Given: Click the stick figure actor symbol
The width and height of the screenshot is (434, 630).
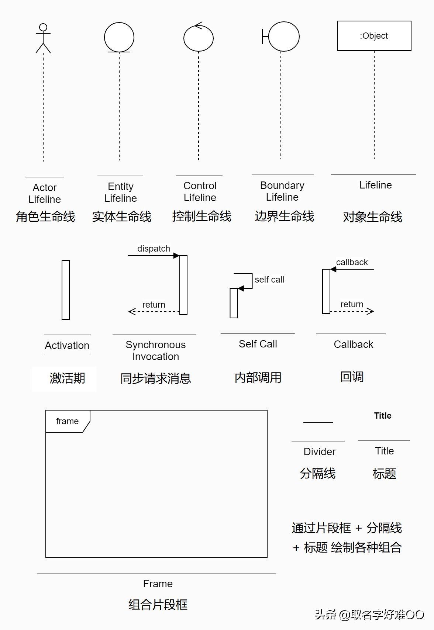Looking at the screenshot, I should click(43, 38).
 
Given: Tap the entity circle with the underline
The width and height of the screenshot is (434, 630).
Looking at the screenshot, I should click(119, 37).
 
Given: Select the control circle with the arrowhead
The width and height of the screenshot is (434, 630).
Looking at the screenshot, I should click(199, 38).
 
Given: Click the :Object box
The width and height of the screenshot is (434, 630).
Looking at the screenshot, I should click(374, 36).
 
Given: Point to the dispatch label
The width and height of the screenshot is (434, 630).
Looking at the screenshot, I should click(154, 249).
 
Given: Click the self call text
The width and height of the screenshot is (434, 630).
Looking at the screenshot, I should click(269, 280).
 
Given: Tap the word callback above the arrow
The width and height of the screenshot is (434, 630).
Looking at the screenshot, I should click(352, 262).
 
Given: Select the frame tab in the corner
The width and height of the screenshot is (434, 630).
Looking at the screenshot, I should click(68, 421).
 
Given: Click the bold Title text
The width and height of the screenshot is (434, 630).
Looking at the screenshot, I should click(383, 416).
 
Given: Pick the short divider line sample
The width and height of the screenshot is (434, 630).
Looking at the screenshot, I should click(318, 423).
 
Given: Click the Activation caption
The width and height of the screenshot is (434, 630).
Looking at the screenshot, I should click(67, 346).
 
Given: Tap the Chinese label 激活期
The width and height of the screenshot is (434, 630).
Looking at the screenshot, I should click(67, 378).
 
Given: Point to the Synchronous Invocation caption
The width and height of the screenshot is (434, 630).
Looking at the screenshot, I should click(155, 350).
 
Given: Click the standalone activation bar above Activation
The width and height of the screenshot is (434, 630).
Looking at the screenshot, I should click(66, 290).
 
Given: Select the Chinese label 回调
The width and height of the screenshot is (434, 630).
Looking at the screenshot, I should click(352, 377).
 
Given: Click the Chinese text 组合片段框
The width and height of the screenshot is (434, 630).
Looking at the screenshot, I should click(158, 605).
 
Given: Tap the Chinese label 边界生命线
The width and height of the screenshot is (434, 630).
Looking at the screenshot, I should click(284, 216).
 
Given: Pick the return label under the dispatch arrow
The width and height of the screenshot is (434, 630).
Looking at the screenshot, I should click(154, 305).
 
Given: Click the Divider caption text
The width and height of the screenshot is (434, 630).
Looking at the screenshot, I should click(320, 451).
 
